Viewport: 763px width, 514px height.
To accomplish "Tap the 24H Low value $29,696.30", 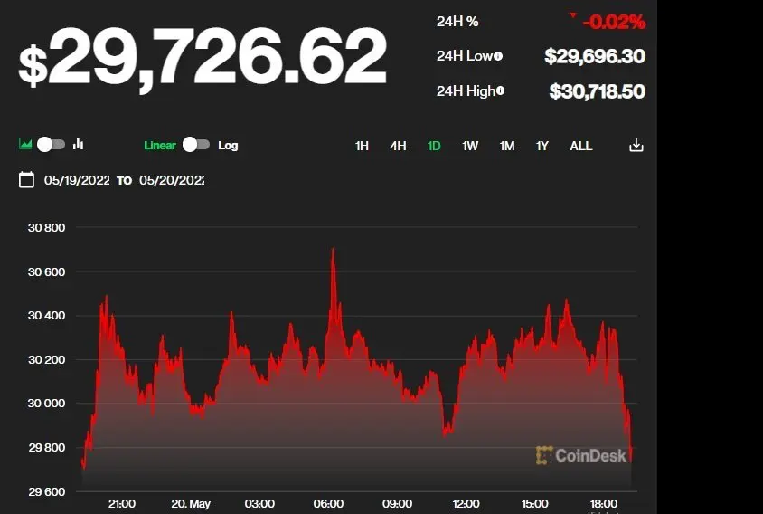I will [594, 56].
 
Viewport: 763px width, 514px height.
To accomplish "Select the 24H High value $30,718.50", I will [597, 91].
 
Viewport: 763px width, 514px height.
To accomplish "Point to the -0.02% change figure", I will [614, 21].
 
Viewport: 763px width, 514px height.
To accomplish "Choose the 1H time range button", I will [362, 146].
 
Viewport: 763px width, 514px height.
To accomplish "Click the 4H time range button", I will [398, 146].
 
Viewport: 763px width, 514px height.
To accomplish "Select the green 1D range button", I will [434, 146].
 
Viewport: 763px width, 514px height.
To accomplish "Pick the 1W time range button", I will [470, 146].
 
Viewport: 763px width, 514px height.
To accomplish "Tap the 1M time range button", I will [507, 146].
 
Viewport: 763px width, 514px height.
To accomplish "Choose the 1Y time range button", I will [542, 146].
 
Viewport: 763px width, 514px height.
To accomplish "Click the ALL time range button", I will [581, 146].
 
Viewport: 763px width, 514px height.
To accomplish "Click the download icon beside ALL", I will [636, 146].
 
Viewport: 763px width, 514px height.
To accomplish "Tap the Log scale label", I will [228, 145].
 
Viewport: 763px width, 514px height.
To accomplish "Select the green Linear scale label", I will [160, 145].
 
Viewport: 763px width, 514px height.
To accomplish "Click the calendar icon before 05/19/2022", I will [26, 180].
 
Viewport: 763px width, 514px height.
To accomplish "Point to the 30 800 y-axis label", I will [47, 227].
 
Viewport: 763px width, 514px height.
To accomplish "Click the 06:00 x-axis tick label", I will [328, 503].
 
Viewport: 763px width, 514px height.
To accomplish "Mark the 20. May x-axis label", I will [191, 503].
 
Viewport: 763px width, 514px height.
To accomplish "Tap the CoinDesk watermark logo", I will [580, 455].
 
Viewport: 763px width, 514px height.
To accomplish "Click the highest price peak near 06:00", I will [333, 251].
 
